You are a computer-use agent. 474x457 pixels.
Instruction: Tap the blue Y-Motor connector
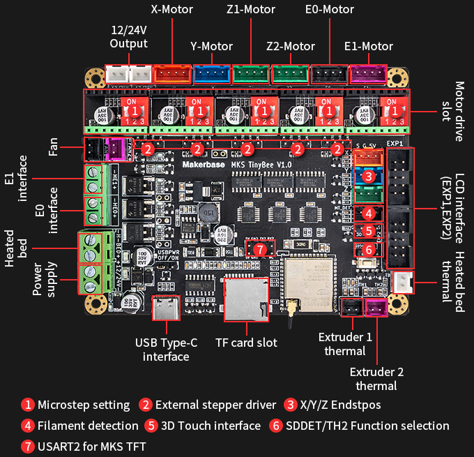211,73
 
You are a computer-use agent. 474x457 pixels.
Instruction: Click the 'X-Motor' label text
171,10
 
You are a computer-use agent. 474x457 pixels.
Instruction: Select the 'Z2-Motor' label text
291,47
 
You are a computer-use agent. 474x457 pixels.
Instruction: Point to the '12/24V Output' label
129,37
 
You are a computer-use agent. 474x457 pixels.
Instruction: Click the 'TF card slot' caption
246,343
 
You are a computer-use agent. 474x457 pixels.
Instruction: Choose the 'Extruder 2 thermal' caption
376,378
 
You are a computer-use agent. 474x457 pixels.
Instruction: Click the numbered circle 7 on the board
260,249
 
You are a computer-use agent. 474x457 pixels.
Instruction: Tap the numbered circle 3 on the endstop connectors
369,176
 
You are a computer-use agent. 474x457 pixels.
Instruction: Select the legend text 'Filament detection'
88,425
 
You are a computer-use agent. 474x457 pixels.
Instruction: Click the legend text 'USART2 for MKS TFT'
92,446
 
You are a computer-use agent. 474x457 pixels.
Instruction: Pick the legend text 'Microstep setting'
84,405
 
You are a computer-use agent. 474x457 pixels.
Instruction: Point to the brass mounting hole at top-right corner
399,77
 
